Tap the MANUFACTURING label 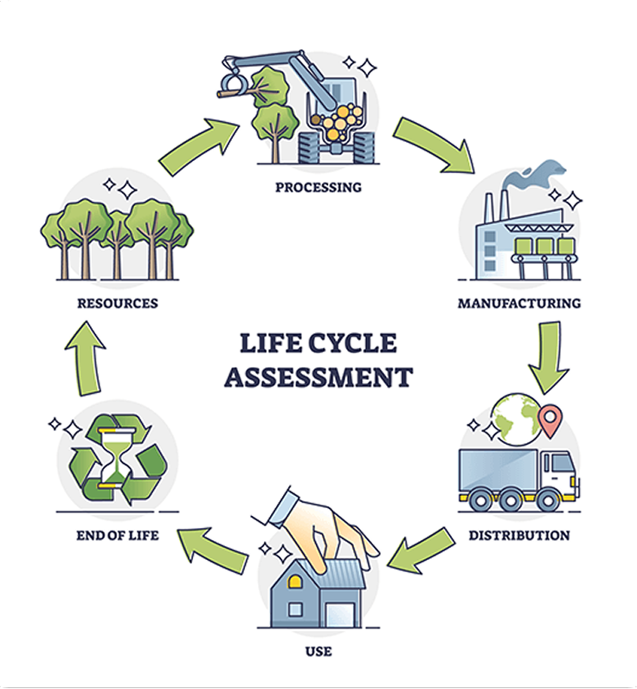518,304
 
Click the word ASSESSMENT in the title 318,377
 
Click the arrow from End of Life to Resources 86,354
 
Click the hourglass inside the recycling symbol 113,454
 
